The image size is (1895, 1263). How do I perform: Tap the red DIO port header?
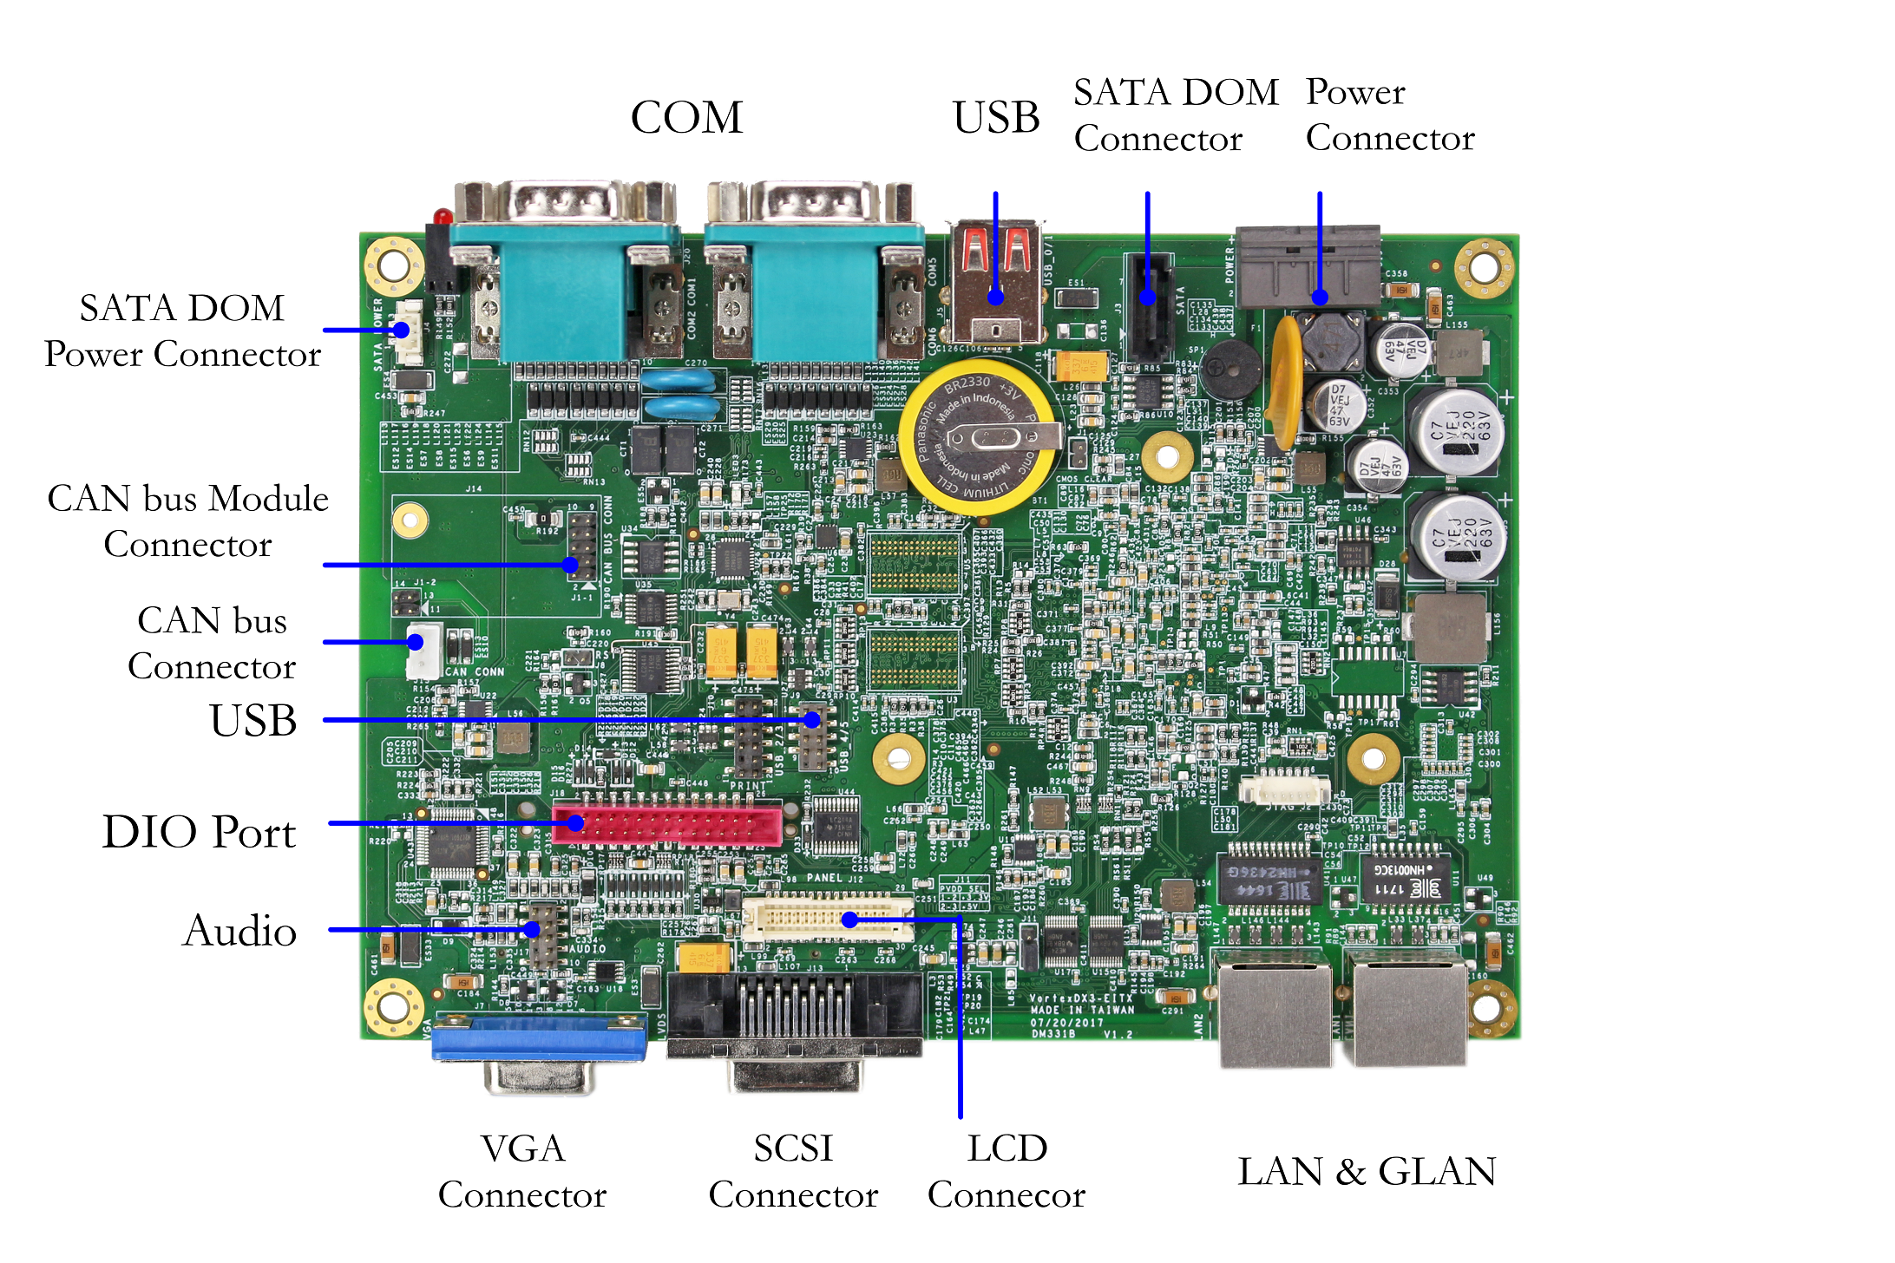[x=667, y=825]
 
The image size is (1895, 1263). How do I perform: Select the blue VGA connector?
[x=539, y=1038]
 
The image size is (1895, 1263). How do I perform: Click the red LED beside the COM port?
[x=443, y=215]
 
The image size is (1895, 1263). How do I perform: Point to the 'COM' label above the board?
[x=686, y=118]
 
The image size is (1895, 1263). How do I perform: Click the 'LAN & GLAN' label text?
[x=1367, y=1172]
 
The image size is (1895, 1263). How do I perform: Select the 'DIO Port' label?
[x=199, y=832]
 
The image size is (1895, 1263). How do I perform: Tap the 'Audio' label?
[x=239, y=931]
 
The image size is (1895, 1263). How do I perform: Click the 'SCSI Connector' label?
[x=793, y=1171]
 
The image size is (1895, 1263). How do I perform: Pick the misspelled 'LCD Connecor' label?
[x=1007, y=1171]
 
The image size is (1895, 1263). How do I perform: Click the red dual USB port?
[x=996, y=282]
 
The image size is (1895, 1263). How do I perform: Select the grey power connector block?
[x=1307, y=265]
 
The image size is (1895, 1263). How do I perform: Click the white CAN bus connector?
[x=423, y=651]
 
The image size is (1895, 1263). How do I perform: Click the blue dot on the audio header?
[x=534, y=930]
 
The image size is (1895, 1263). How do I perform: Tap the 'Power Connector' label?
[x=1390, y=115]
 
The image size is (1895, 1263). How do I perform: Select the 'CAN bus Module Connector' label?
[x=188, y=521]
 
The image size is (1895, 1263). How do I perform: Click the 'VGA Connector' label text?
[x=522, y=1171]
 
